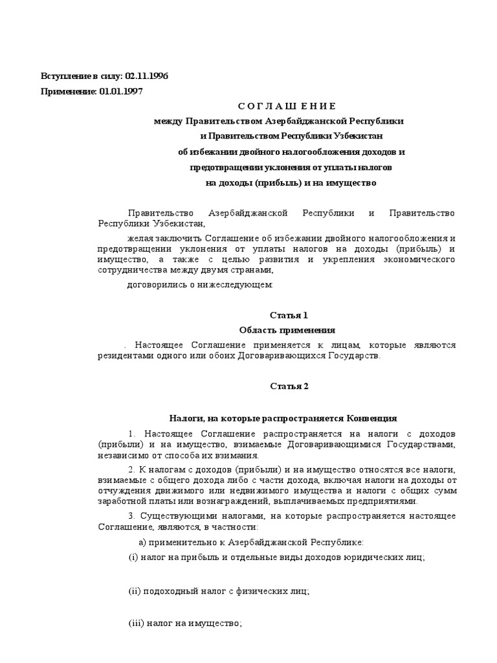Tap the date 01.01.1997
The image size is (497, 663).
122,91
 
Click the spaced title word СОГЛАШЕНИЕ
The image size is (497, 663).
287,106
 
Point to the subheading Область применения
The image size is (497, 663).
287,330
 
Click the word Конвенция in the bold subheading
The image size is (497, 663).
371,418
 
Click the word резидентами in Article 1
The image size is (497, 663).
127,356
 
